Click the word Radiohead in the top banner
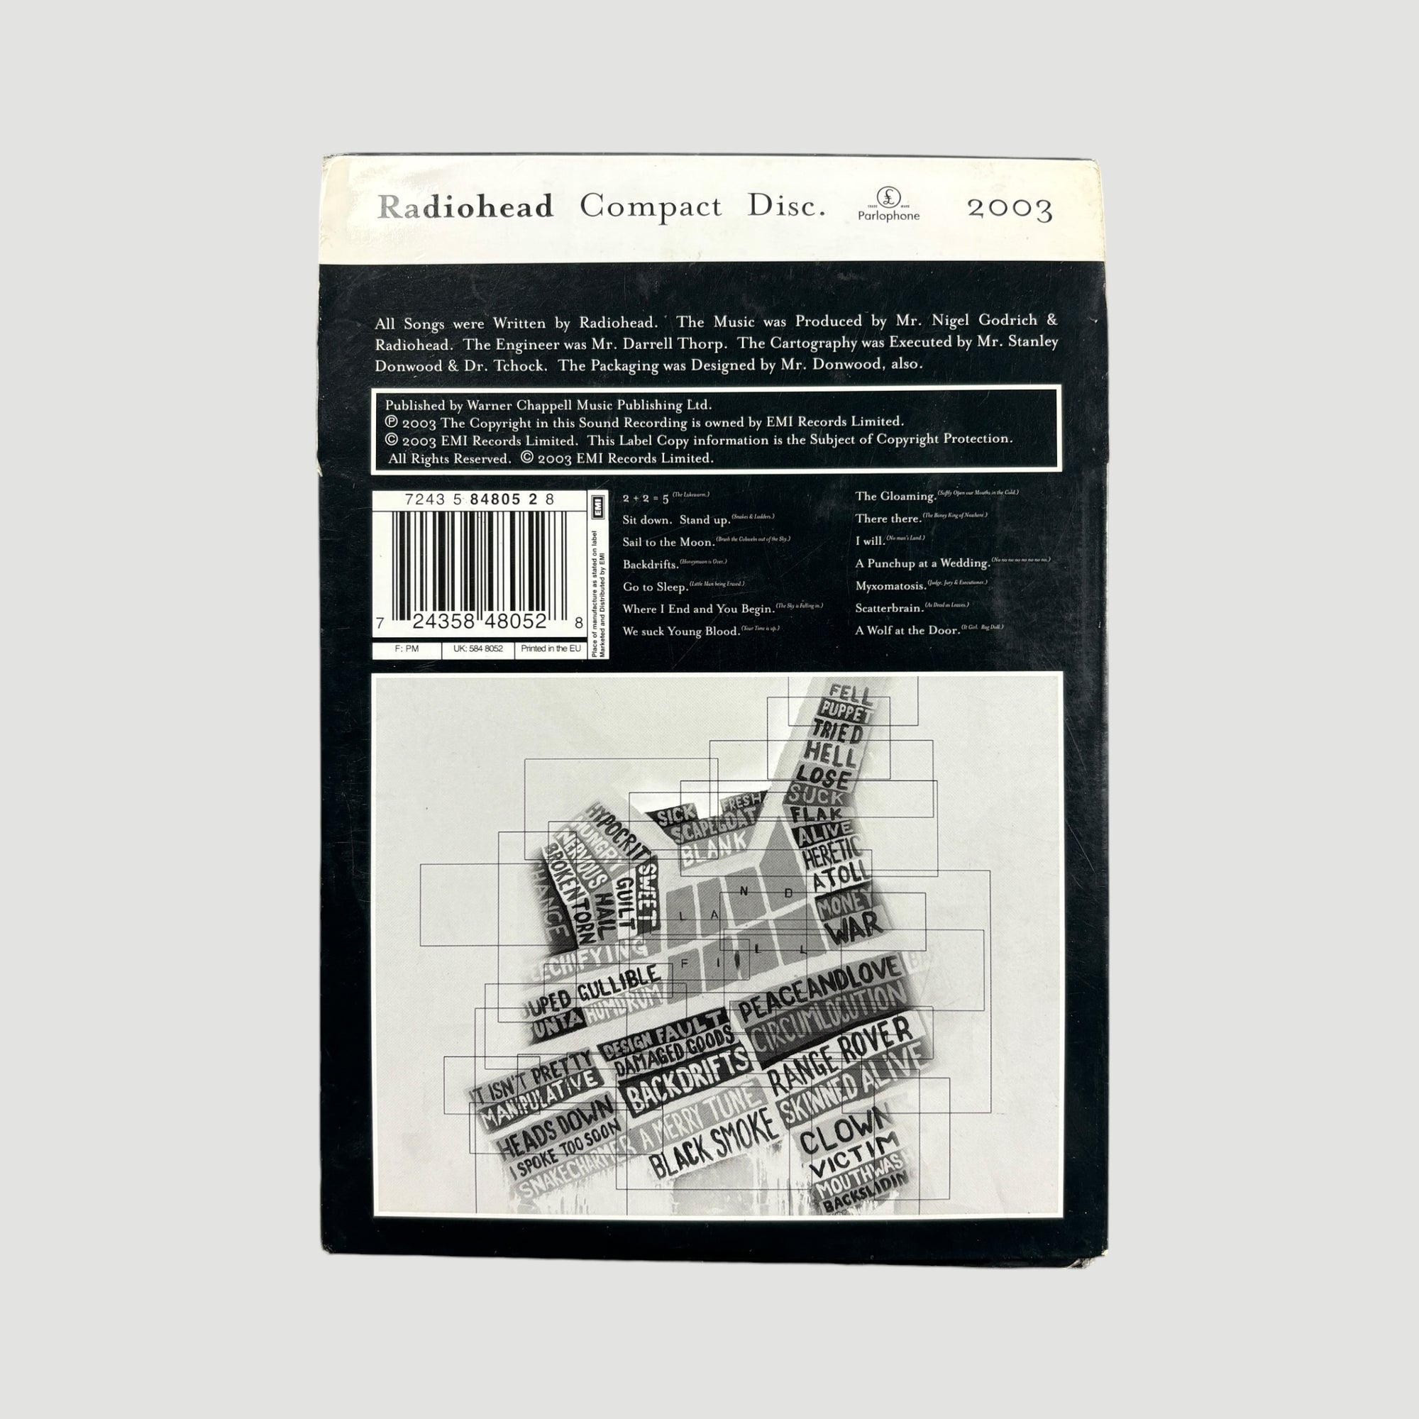pyautogui.click(x=465, y=207)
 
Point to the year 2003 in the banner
pyautogui.click(x=1010, y=209)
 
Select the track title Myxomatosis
pyautogui.click(x=890, y=586)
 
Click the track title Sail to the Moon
pyautogui.click(x=668, y=542)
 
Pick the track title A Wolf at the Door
pyautogui.click(x=907, y=630)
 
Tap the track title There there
pyautogui.click(x=888, y=519)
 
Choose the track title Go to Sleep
pyautogui.click(x=654, y=587)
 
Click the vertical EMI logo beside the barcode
pyautogui.click(x=598, y=504)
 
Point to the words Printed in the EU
pyautogui.click(x=550, y=648)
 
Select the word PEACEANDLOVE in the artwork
pyautogui.click(x=819, y=988)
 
